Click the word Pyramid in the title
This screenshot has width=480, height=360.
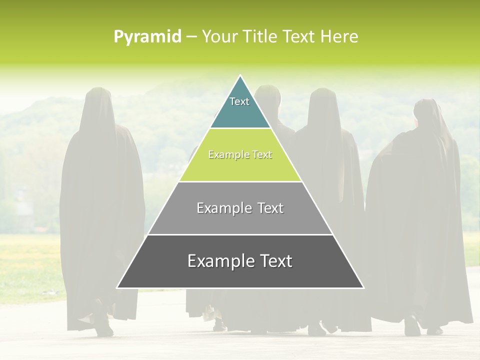[x=147, y=37]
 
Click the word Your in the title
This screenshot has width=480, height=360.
[x=218, y=37]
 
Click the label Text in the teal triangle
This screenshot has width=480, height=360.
[x=239, y=101]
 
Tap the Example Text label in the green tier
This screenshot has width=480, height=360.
[x=240, y=155]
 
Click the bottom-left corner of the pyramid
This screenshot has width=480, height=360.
[x=117, y=287]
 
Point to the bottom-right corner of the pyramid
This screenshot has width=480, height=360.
[x=363, y=287]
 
